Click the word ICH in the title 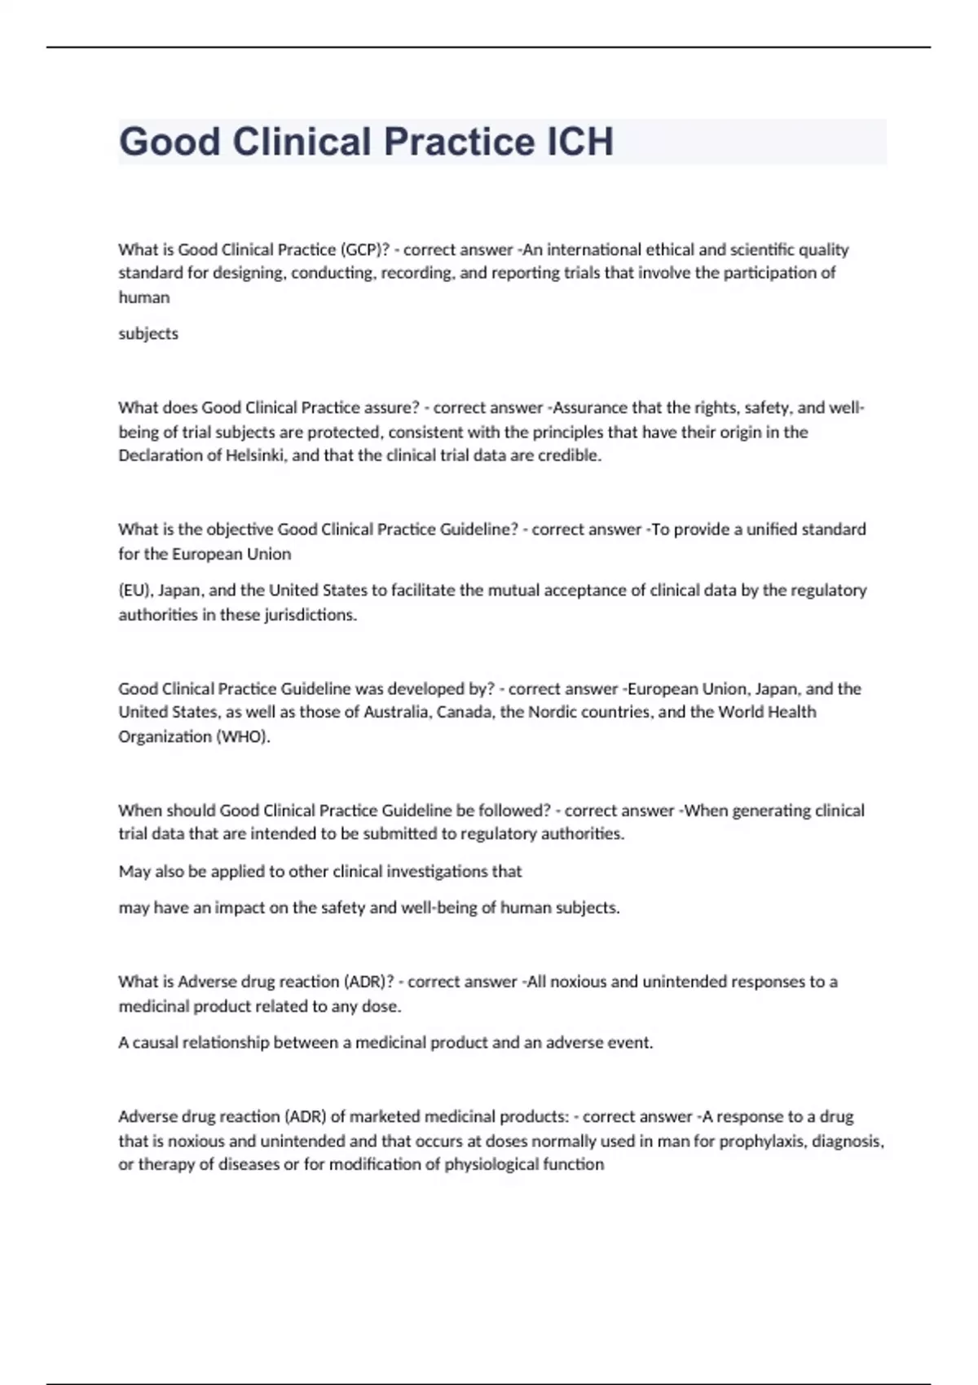tap(579, 142)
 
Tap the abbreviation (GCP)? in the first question tap(360, 249)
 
